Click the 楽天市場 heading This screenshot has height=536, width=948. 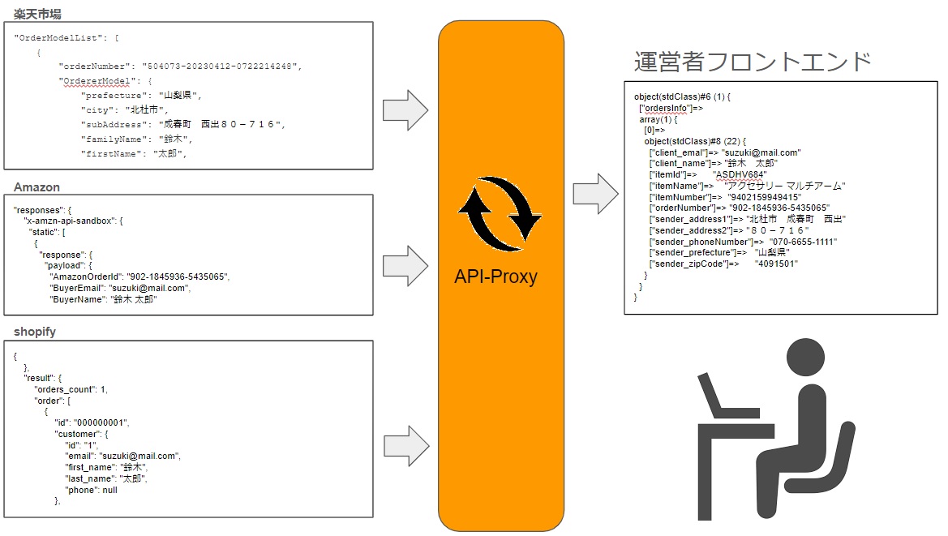click(37, 14)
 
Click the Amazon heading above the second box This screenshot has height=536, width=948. click(36, 187)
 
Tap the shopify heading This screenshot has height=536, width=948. click(35, 332)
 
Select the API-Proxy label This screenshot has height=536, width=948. click(495, 277)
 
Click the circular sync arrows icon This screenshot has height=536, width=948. click(500, 215)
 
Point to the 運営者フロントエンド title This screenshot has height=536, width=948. click(753, 62)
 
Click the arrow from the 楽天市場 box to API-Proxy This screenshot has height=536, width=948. click(405, 109)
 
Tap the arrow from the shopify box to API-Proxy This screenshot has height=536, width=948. click(405, 443)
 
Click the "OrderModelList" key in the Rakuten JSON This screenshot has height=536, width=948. click(55, 37)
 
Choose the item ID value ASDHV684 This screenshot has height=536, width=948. click(740, 174)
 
